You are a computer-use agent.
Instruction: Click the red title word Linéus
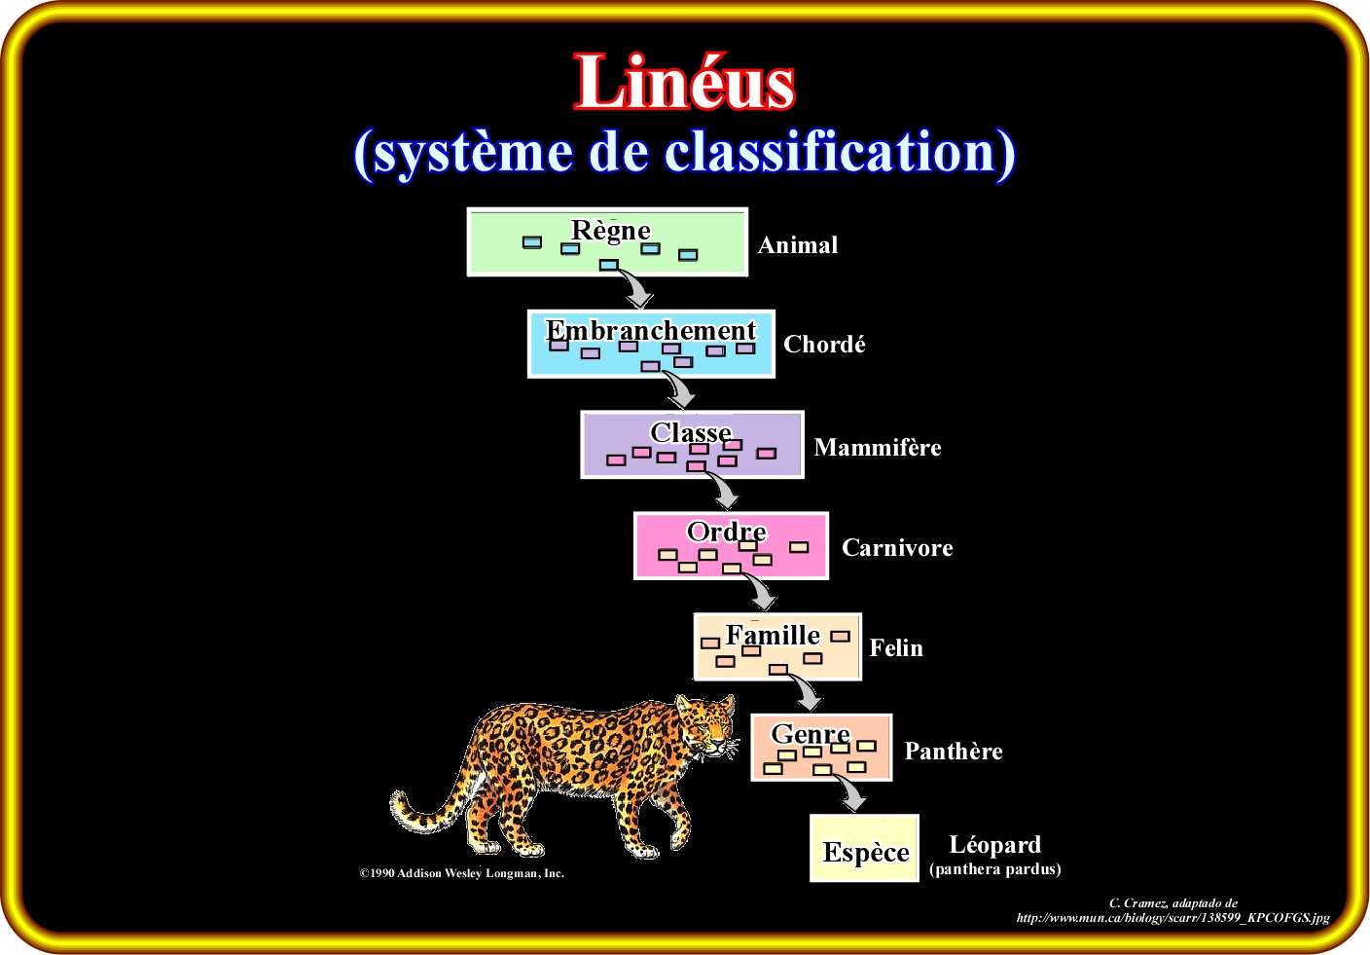click(684, 82)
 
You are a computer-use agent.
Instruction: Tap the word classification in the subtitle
click(839, 152)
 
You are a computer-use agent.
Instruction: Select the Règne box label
click(610, 232)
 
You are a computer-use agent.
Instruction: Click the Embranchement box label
click(651, 330)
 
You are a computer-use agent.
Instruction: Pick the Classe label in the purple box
click(691, 432)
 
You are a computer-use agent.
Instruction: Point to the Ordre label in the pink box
click(727, 532)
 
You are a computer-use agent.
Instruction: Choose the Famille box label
click(773, 635)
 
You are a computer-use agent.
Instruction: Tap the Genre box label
click(811, 734)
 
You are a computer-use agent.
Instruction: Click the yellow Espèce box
click(864, 848)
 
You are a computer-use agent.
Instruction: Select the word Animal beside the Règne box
click(798, 245)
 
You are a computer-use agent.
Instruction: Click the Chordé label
click(824, 345)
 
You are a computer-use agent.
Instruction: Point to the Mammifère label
click(877, 447)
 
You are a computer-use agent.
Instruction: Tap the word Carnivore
click(897, 547)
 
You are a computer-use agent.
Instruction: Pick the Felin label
click(896, 648)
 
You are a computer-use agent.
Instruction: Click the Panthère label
click(954, 751)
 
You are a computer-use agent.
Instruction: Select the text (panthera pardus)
click(995, 869)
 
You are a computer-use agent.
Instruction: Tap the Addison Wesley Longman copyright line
click(462, 873)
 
